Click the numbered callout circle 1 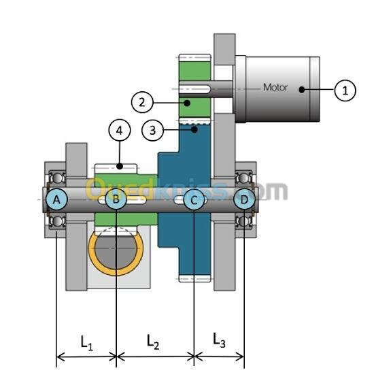point(345,90)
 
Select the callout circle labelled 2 point(142,102)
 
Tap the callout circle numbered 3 point(152,131)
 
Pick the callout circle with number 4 point(120,130)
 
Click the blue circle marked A point(56,199)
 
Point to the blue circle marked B point(116,199)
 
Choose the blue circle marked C point(194,200)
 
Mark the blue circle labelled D point(244,199)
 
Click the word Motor point(275,87)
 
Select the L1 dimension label point(86,343)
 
